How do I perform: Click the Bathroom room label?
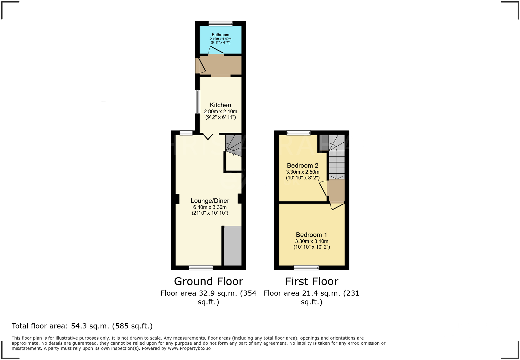tap(220, 35)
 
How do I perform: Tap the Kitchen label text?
tap(220, 105)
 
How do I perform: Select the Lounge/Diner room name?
tap(210, 201)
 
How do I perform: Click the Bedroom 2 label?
tap(302, 165)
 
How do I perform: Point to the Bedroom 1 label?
tap(311, 235)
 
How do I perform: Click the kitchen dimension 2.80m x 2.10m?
tap(220, 111)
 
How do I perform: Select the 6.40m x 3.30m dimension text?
tap(210, 207)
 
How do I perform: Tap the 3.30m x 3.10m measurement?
tap(311, 241)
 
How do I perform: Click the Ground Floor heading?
tap(208, 281)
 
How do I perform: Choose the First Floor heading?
tap(311, 281)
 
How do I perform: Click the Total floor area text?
tap(82, 326)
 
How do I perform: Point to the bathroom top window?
tap(220, 23)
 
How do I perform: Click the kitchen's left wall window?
tap(197, 102)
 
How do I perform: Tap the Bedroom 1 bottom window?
tap(306, 267)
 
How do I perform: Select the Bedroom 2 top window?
tap(298, 133)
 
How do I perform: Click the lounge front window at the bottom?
tap(201, 267)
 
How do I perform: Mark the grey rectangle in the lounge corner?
tap(232, 246)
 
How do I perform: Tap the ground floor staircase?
tap(233, 145)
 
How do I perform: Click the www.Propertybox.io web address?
tap(189, 348)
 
